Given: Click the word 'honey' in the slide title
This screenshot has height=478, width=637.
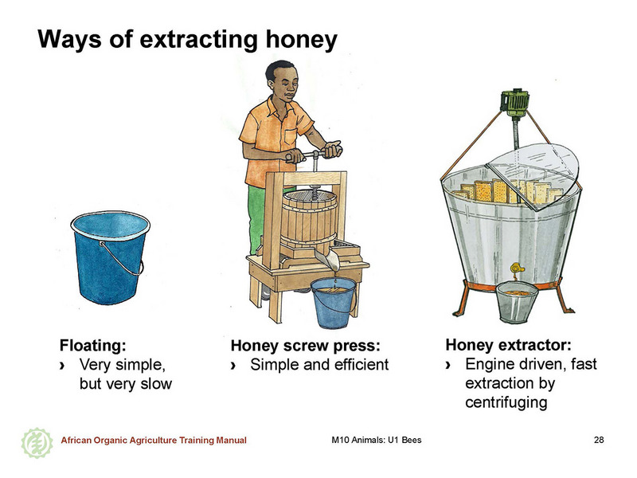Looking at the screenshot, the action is pyautogui.click(x=301, y=39).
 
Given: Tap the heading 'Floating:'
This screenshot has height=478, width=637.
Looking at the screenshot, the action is pyautogui.click(x=93, y=346).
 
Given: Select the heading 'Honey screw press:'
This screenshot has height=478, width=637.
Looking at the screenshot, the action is pyautogui.click(x=306, y=346).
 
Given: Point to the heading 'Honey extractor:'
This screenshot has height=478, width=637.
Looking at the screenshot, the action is pyautogui.click(x=509, y=345).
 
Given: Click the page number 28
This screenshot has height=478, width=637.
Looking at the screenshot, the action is pyautogui.click(x=599, y=440).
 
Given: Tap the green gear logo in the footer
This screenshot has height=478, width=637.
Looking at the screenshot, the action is pyautogui.click(x=37, y=443).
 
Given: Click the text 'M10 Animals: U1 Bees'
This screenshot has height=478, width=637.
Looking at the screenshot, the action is pyautogui.click(x=377, y=440).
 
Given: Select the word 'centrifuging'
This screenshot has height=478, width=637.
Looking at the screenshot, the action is pyautogui.click(x=506, y=402).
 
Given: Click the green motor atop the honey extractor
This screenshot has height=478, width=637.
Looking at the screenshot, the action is pyautogui.click(x=514, y=101).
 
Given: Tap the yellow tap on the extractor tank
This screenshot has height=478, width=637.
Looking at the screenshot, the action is pyautogui.click(x=516, y=268).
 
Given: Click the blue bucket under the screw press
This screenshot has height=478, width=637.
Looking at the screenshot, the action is pyautogui.click(x=334, y=303).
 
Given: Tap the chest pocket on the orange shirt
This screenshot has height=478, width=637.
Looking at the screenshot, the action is pyautogui.click(x=291, y=137).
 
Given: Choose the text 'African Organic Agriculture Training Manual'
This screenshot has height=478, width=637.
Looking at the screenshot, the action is pyautogui.click(x=154, y=441).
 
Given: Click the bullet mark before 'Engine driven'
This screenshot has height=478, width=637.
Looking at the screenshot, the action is pyautogui.click(x=448, y=365).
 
